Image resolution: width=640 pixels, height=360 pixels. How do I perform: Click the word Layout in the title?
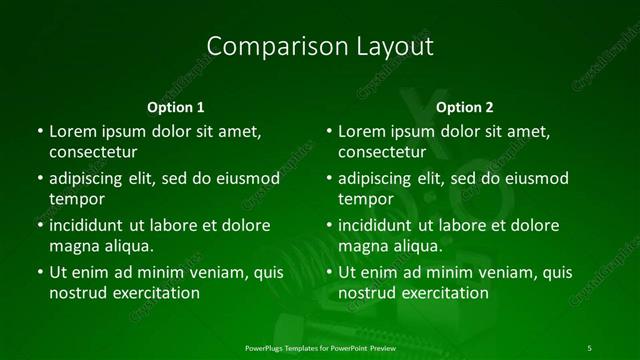392,46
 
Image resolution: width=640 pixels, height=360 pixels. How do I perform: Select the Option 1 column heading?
176,107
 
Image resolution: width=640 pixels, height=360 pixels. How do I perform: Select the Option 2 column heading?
465,107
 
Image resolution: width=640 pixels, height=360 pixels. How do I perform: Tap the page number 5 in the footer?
590,346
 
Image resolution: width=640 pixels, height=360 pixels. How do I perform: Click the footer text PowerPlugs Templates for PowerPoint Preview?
320,346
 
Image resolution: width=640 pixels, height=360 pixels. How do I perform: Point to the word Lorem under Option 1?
73,131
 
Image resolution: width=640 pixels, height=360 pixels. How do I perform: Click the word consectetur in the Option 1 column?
92,152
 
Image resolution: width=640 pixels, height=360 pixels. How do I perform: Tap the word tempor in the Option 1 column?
77,198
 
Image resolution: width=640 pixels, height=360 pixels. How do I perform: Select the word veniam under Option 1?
206,272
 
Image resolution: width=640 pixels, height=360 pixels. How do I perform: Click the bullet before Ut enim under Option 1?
39,272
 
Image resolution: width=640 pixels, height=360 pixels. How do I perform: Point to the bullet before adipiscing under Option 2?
329,178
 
